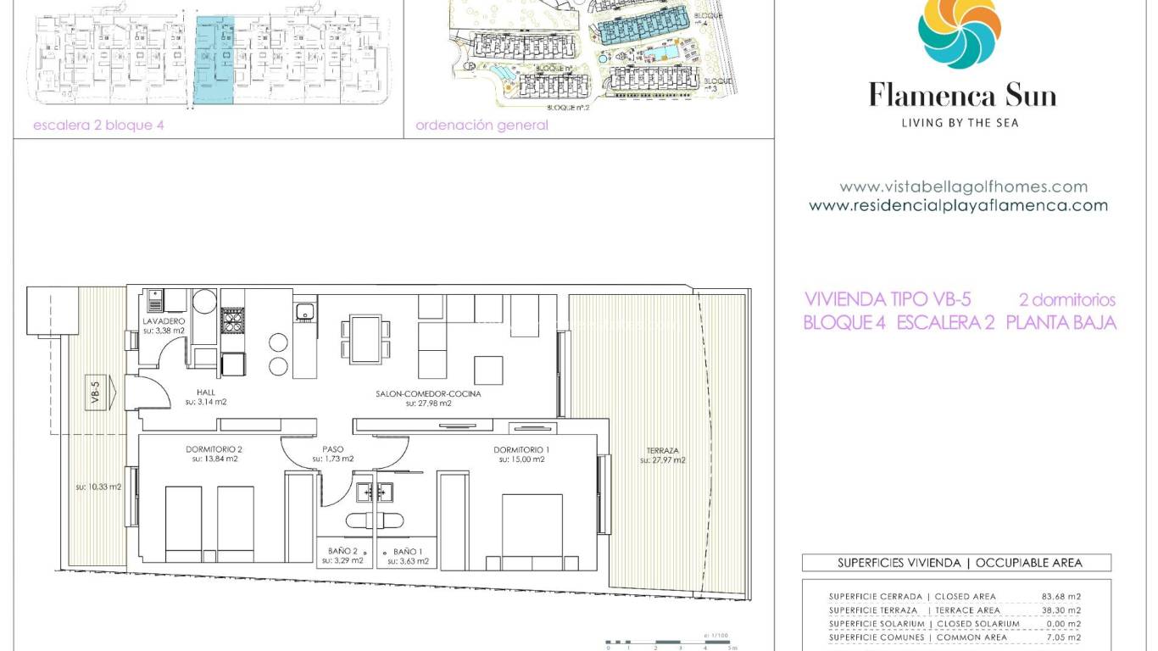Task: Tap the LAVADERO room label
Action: [x=164, y=323]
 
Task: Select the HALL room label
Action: [x=204, y=392]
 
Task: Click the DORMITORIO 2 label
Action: [x=214, y=449]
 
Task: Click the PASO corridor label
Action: [x=333, y=449]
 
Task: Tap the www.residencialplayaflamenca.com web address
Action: [x=958, y=205]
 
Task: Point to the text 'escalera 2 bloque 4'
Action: [x=97, y=125]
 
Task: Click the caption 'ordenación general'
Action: [x=482, y=125]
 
